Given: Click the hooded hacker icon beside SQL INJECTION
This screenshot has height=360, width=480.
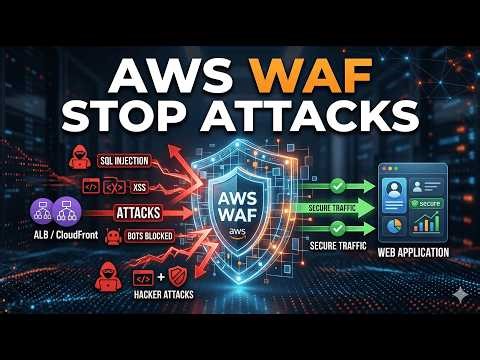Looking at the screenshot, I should point(50,155).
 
